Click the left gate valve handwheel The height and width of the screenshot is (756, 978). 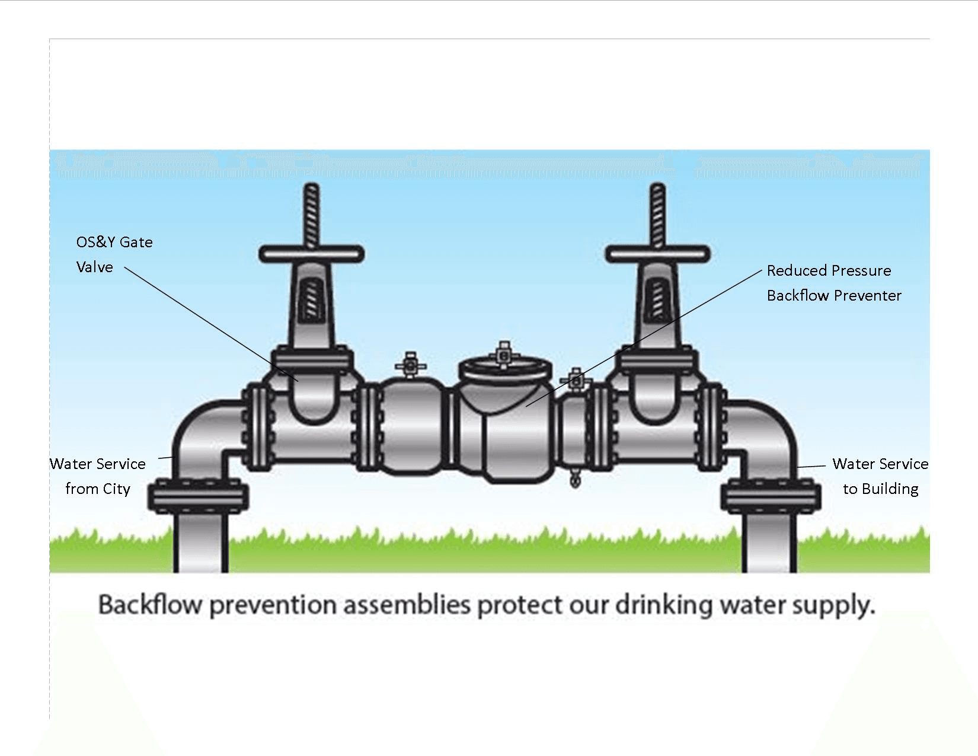311,254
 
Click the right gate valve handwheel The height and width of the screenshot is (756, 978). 657,254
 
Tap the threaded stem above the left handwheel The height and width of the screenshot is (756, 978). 311,213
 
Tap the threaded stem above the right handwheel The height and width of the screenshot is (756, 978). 657,213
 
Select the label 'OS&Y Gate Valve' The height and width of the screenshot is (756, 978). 114,254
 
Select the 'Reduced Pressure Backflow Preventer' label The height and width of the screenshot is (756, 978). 833,283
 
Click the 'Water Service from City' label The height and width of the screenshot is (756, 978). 98,476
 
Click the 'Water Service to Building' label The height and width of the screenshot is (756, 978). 880,476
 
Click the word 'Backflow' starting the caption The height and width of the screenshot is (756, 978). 150,605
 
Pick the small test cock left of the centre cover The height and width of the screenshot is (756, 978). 410,364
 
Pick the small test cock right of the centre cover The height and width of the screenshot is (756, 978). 575,380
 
